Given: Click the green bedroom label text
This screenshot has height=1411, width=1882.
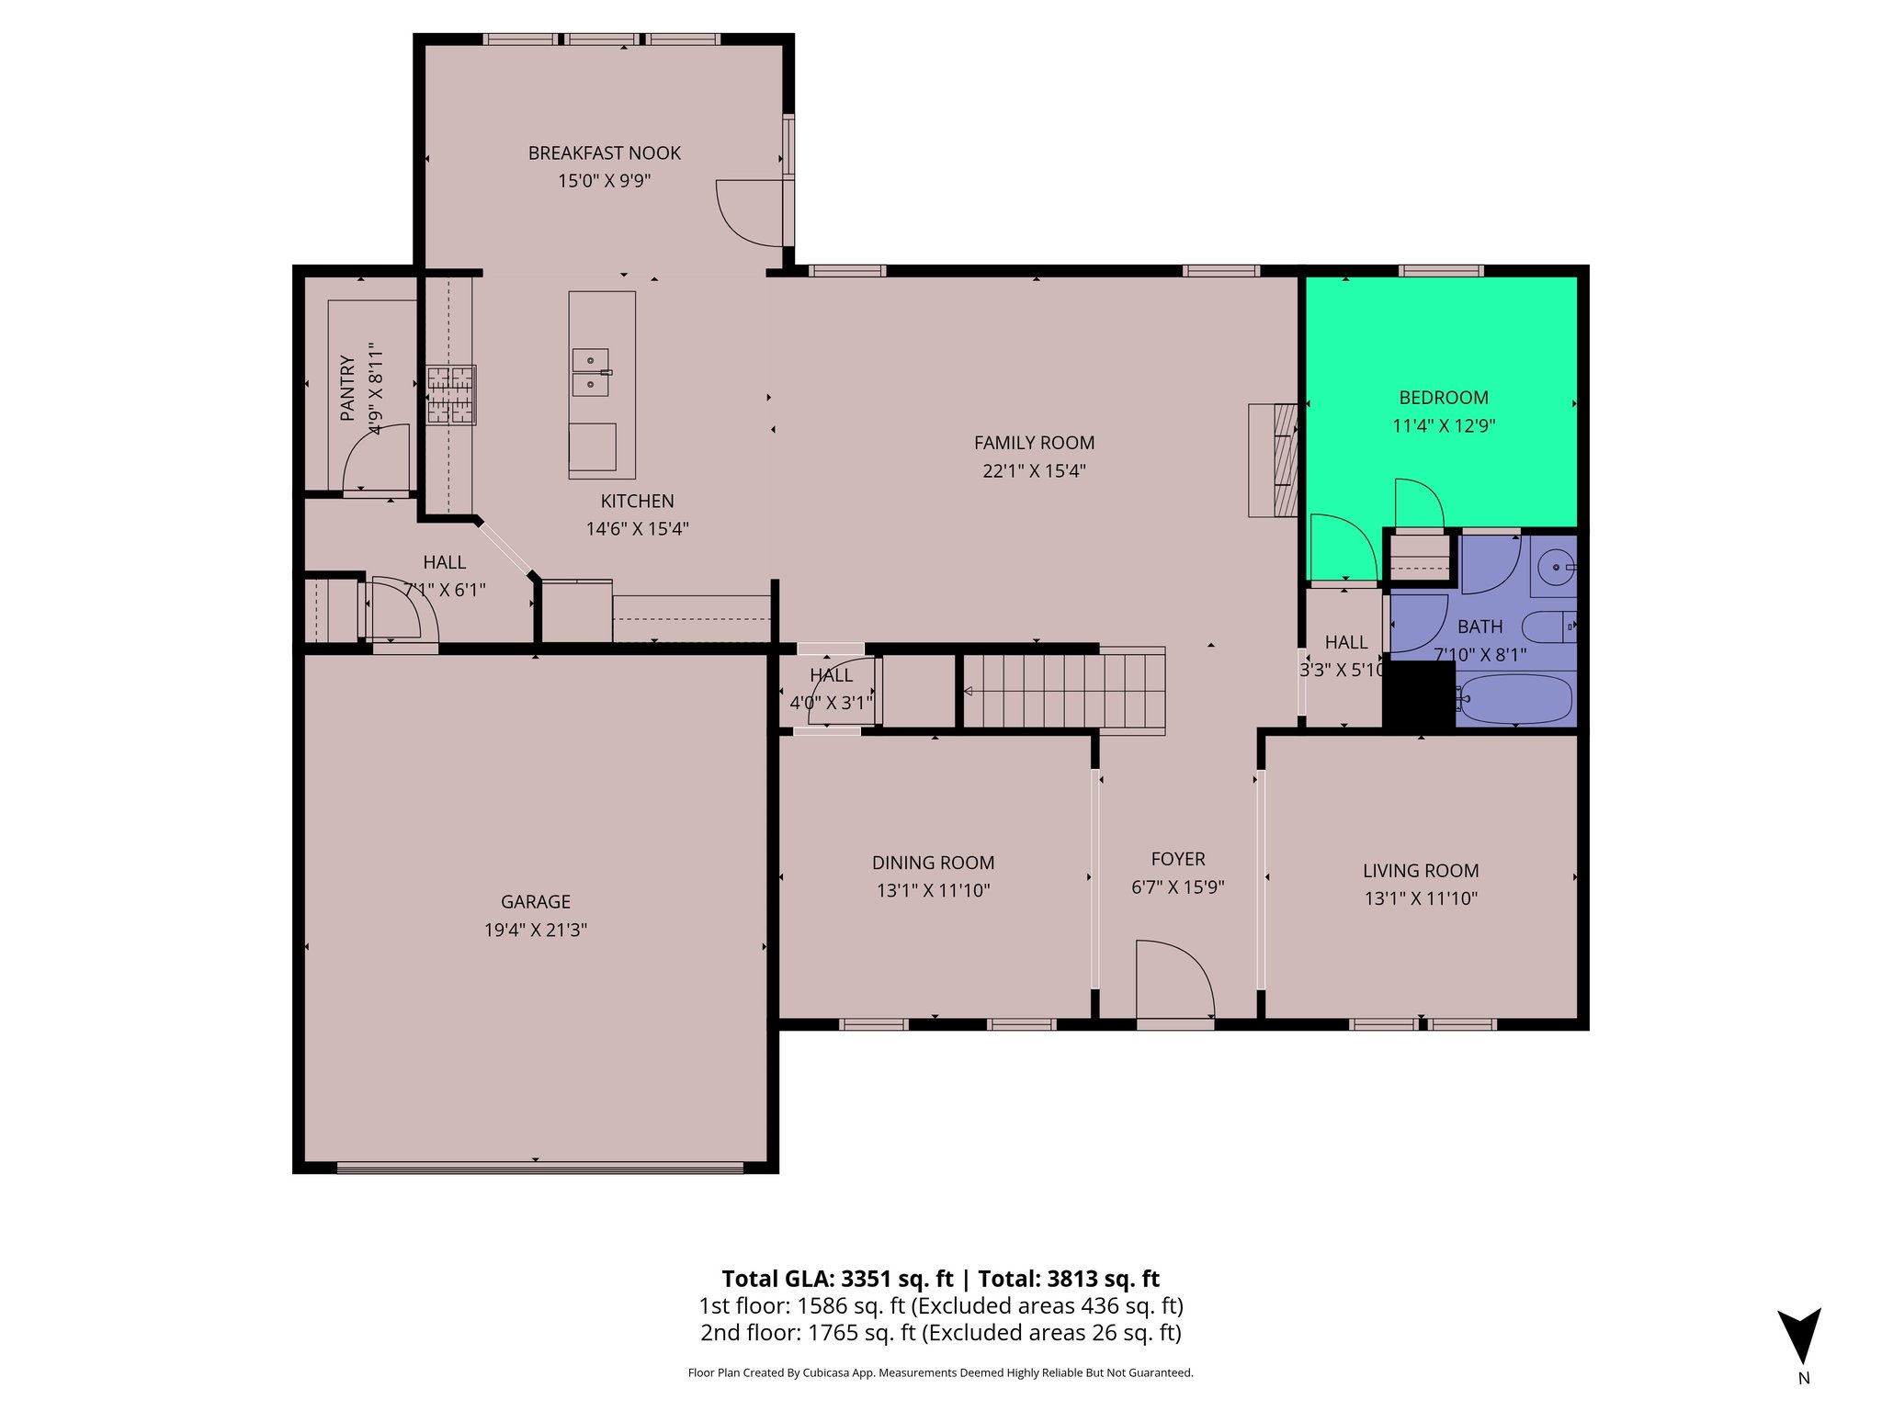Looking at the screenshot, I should tap(1443, 398).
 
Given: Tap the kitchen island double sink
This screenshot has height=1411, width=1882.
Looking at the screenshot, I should tap(590, 372).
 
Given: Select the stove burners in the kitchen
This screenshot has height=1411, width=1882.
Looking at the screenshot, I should tap(450, 395).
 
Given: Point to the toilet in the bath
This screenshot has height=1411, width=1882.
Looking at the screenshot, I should tap(1548, 627).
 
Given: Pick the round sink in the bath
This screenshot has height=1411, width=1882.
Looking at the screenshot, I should tap(1555, 567).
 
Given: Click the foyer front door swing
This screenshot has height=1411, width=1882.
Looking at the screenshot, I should tap(1174, 979).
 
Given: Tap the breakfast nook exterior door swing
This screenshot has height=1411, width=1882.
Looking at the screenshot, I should tap(752, 213).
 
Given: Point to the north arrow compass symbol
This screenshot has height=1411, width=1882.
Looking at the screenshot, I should tap(1798, 1338).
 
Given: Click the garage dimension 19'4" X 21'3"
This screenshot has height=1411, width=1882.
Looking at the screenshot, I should tap(535, 930).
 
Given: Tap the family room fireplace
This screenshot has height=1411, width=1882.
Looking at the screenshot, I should tap(1273, 459).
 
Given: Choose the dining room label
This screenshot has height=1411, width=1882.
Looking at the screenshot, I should tap(933, 863).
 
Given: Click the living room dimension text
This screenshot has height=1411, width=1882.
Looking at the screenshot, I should tap(1420, 898).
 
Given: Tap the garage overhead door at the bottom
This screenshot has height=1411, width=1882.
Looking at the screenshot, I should tap(539, 1168).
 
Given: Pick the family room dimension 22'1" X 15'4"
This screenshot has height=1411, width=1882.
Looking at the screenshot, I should tap(1034, 470).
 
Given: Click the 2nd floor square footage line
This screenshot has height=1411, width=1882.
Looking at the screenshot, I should tap(940, 1333).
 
